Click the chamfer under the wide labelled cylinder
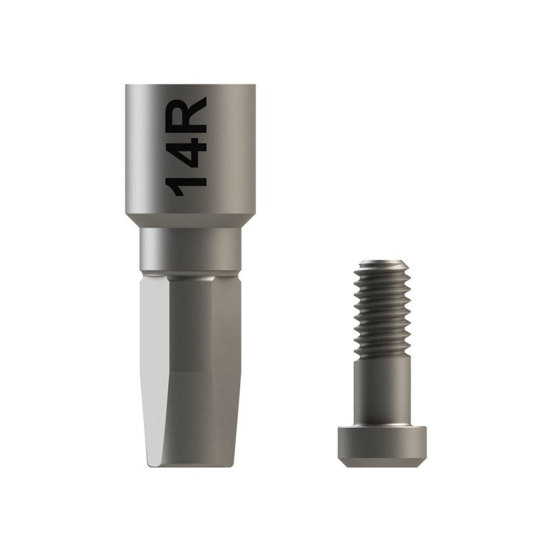tap(190, 220)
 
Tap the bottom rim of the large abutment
tap(191, 465)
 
